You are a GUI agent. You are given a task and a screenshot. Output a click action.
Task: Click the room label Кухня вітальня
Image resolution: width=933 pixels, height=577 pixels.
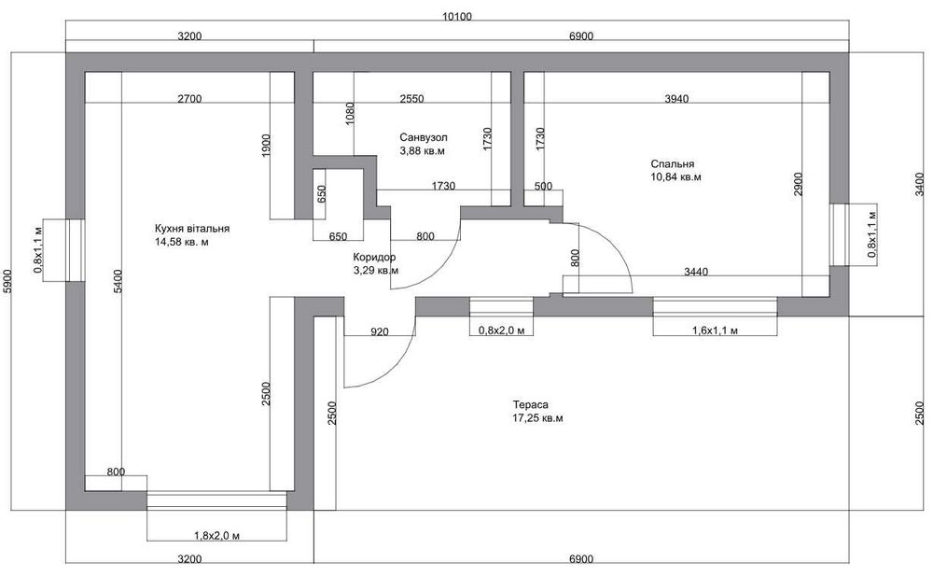pos(191,229)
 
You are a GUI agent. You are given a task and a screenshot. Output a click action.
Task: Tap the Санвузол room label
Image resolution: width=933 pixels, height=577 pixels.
pos(423,137)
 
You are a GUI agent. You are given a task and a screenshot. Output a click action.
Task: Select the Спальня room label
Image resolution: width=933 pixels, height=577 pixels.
pos(673,163)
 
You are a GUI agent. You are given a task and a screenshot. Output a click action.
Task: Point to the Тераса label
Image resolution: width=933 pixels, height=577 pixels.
pos(530,405)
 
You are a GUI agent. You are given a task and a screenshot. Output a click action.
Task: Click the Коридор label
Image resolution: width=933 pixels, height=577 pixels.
pos(374,258)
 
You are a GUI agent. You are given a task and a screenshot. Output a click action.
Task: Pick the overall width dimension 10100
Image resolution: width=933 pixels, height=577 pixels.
pos(457,17)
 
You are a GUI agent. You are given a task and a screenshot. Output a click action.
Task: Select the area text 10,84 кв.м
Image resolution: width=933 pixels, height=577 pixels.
pos(675,176)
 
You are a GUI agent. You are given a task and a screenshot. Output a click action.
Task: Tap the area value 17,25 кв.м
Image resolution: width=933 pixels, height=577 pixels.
pos(537,418)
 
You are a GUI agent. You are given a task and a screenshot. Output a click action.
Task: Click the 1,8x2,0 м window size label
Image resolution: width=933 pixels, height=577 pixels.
pos(217,536)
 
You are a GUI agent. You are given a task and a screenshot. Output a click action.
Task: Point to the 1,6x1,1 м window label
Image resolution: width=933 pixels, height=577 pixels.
pos(716,331)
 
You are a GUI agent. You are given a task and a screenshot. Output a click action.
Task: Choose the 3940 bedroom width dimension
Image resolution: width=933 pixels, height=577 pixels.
pos(676,99)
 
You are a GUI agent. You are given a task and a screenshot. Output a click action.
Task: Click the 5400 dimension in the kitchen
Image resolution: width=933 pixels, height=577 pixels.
pos(118,280)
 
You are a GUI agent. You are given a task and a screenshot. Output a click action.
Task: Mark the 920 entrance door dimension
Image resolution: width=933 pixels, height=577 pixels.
pos(379,331)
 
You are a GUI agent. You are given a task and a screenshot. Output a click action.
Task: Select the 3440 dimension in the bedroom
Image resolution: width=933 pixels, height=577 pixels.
pos(696,272)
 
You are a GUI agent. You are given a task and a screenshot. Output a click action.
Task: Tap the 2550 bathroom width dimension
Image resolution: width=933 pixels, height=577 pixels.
pos(411,99)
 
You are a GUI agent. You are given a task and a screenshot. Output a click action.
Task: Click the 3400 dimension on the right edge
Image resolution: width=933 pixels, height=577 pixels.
pos(920,184)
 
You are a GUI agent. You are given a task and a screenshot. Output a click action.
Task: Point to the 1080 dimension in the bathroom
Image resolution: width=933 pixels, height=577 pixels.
pos(350,114)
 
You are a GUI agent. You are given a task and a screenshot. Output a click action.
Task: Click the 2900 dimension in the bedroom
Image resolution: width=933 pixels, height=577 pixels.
pos(798,185)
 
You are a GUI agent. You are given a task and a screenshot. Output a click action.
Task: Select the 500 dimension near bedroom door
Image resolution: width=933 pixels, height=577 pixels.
pos(543,187)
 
